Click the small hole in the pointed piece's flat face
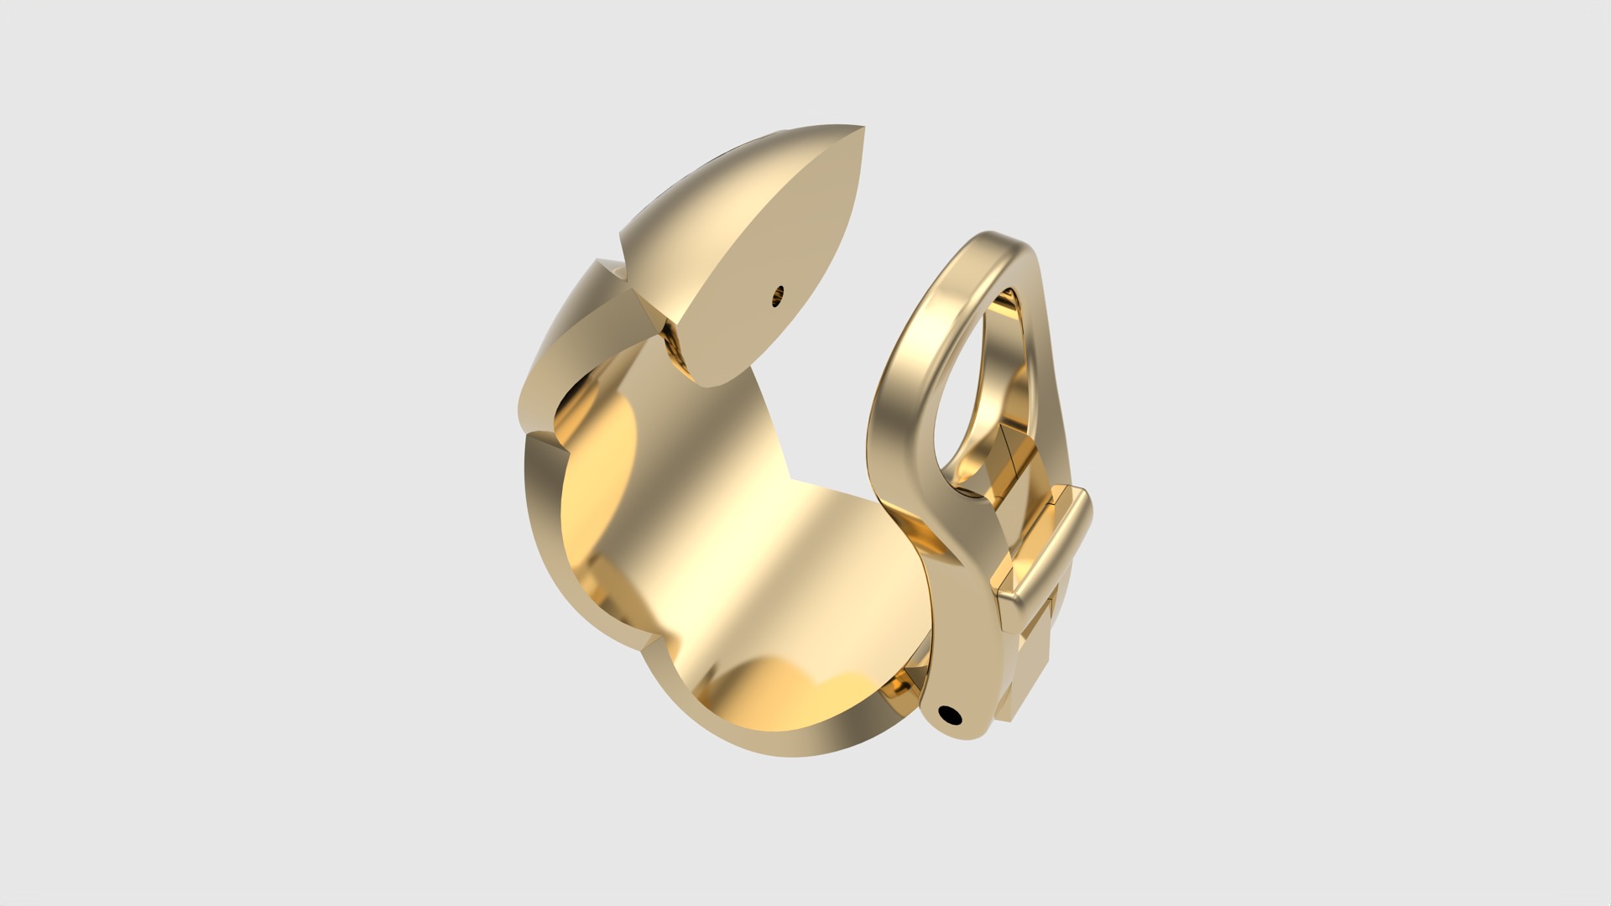779,294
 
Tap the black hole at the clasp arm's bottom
950,715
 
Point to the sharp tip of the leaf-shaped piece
1113,128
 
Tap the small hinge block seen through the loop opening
1011,453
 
